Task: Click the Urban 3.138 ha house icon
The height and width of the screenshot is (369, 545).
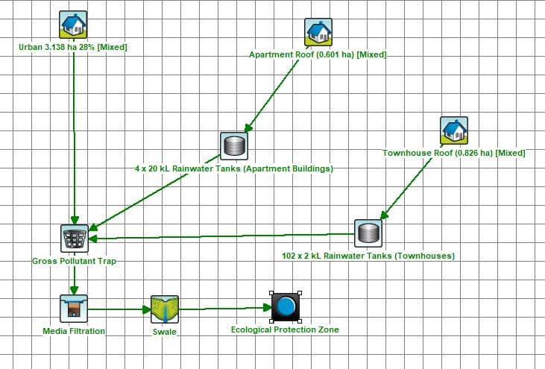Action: tap(73, 25)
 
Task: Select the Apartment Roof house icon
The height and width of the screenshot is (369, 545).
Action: tap(318, 32)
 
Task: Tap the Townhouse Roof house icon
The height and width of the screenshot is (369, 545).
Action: tap(454, 130)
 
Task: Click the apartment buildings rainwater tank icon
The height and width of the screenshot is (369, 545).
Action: tap(233, 145)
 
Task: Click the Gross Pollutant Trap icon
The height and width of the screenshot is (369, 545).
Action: tap(74, 238)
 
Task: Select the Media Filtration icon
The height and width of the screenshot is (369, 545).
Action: tap(73, 308)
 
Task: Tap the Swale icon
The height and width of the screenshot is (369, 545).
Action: tap(165, 308)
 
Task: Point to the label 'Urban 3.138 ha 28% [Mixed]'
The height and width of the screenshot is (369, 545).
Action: tap(73, 47)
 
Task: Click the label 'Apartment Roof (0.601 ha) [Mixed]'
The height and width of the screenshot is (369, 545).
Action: tap(318, 54)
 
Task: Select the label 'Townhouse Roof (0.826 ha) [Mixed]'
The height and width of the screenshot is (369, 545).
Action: tap(454, 153)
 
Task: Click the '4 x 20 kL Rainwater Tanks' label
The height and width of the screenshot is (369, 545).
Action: tap(234, 168)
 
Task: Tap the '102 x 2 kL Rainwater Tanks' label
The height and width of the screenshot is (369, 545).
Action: tap(368, 256)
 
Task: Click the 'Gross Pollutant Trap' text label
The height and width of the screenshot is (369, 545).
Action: tap(74, 262)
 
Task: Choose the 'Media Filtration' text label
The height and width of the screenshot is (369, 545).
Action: tap(73, 330)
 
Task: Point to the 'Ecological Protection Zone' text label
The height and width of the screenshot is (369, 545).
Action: tap(285, 329)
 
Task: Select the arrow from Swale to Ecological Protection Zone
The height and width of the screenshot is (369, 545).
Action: tap(224, 308)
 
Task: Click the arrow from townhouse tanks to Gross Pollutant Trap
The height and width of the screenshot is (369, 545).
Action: tap(224, 236)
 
